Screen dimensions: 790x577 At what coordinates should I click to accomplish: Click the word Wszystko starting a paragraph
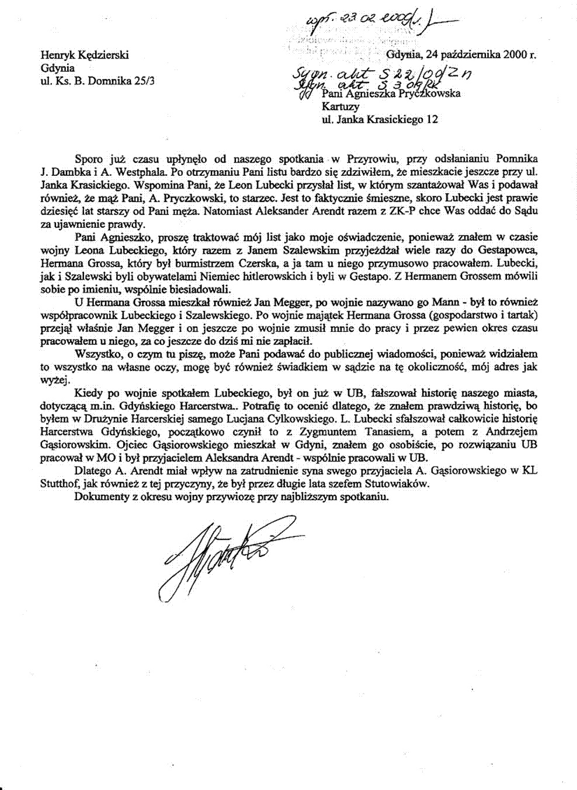(96, 355)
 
